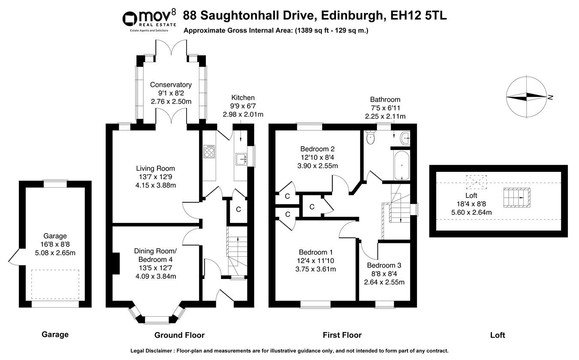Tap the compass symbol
(x=527, y=96)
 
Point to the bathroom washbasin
(x=404, y=138)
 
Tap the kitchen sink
(x=240, y=159)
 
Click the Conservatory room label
(x=171, y=85)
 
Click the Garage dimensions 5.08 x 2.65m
(x=55, y=252)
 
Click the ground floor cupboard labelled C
(x=238, y=210)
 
